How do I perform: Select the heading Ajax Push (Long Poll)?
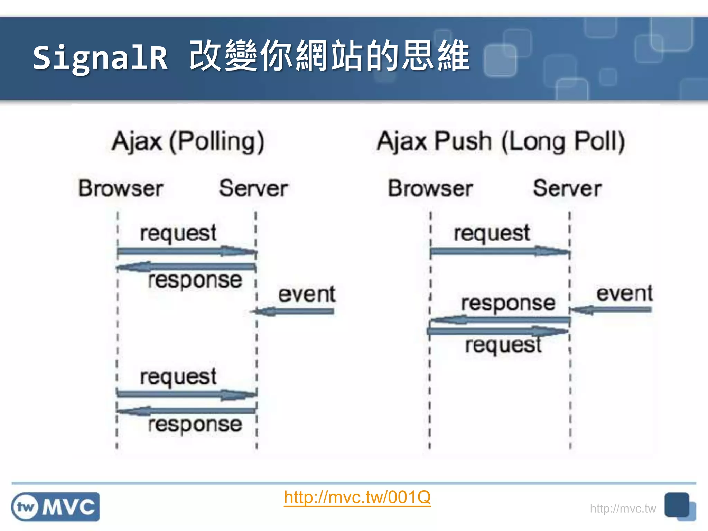click(x=501, y=141)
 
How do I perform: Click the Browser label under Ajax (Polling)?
click(x=121, y=188)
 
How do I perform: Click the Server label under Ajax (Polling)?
click(x=253, y=188)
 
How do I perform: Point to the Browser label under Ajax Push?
click(x=430, y=188)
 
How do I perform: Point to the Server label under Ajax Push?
click(x=567, y=188)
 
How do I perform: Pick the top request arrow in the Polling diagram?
click(x=187, y=251)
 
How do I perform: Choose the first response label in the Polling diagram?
click(x=195, y=280)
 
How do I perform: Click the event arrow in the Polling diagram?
click(x=294, y=311)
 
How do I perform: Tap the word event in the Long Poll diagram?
click(x=624, y=294)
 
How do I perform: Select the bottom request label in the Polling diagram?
click(x=178, y=377)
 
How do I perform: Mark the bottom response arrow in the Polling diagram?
click(x=187, y=411)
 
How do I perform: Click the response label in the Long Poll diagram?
click(x=508, y=303)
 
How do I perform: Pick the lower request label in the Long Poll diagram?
click(x=503, y=345)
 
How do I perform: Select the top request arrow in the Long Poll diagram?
click(x=500, y=251)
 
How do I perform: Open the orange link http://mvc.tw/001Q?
click(x=357, y=497)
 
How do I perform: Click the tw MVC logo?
click(x=55, y=507)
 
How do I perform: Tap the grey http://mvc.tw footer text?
click(x=623, y=509)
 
